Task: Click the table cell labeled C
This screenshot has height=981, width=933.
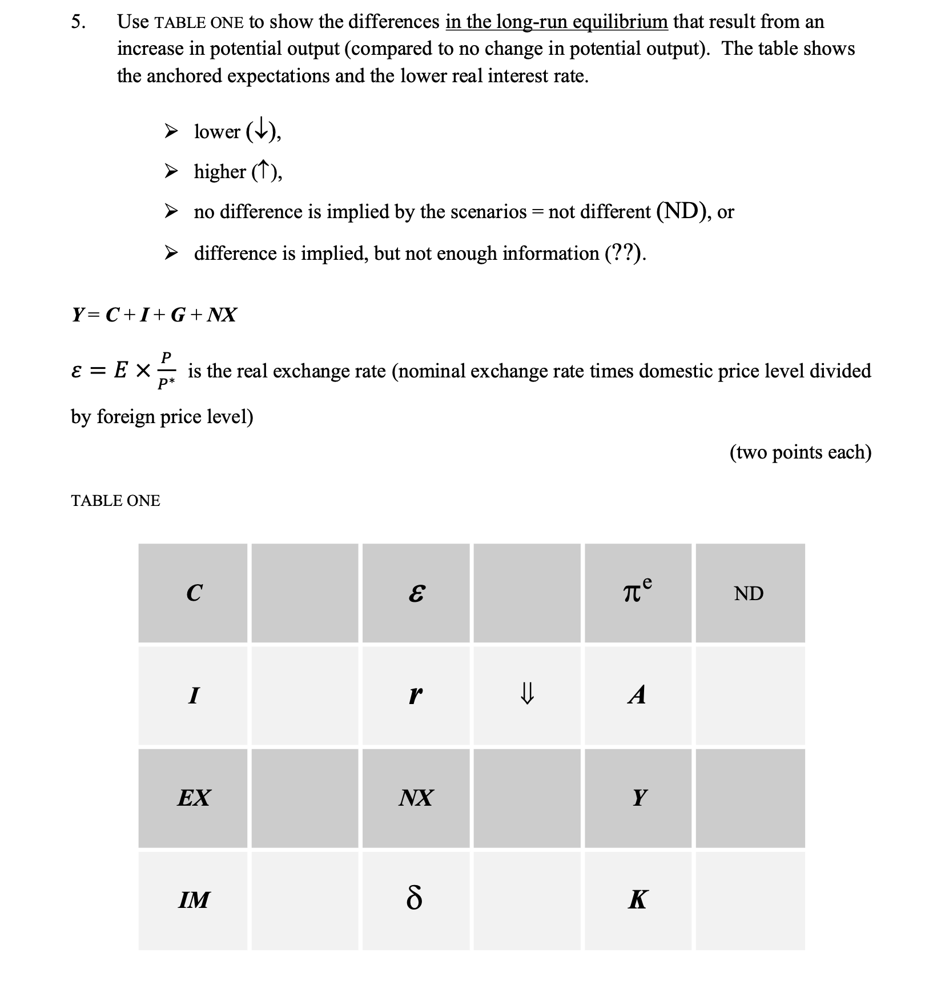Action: point(194,593)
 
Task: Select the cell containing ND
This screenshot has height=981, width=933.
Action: point(749,593)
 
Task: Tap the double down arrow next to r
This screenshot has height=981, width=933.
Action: point(526,695)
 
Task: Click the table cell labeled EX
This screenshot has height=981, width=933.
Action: point(194,797)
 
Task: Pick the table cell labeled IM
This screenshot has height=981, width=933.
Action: point(194,900)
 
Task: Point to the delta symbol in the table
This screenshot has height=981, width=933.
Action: point(415,900)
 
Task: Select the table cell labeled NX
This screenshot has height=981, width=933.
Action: point(416,797)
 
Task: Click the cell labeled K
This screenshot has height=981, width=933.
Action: point(637,900)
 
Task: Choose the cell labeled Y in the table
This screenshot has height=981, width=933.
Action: point(638,797)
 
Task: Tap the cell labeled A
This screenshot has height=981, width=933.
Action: point(637,695)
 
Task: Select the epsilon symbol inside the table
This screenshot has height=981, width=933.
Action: point(416,594)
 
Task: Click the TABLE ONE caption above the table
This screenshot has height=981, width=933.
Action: point(115,501)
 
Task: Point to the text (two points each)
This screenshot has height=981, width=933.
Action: point(800,452)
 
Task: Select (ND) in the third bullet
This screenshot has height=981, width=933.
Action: point(682,211)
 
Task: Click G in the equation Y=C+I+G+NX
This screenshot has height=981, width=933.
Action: point(178,315)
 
